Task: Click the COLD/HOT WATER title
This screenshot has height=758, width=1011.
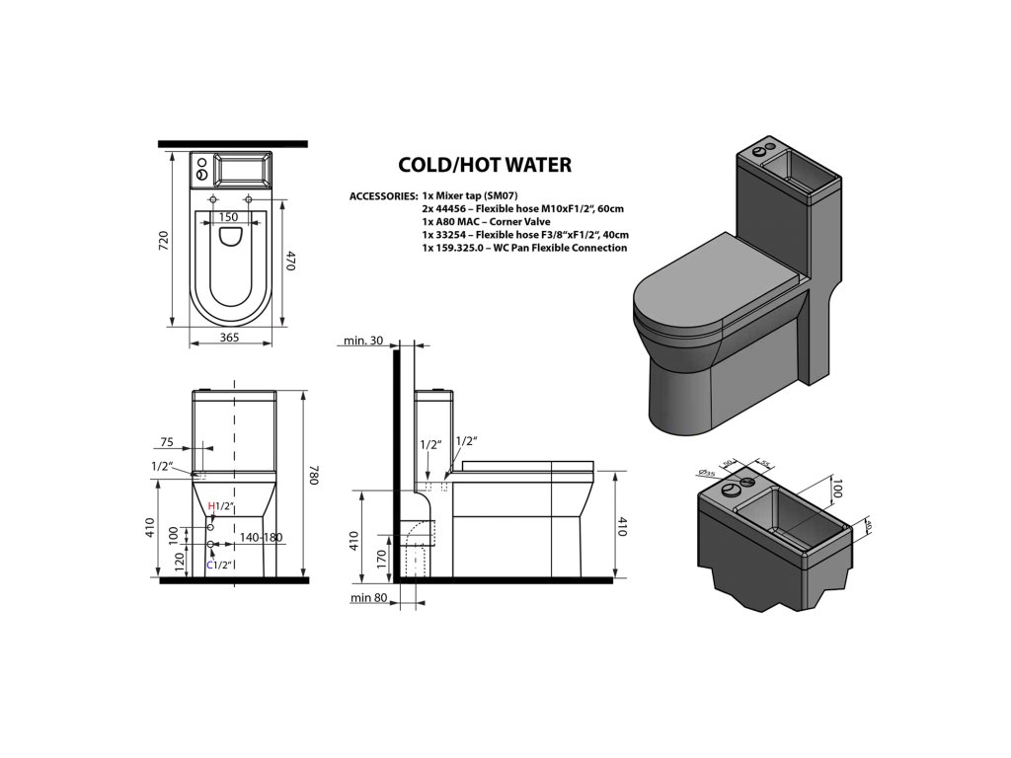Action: coord(484,165)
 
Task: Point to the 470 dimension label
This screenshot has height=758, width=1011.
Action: coord(291,261)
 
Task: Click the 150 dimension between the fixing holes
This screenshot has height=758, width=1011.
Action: coord(228,217)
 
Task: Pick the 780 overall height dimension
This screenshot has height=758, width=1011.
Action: coord(314,476)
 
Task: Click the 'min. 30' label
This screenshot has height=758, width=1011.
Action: coord(363,341)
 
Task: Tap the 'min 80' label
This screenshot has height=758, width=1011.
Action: coord(367,597)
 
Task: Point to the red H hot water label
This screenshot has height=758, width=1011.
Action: coord(210,506)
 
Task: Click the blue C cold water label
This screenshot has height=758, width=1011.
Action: coord(209,565)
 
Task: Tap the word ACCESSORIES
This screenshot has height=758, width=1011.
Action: coord(382,196)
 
